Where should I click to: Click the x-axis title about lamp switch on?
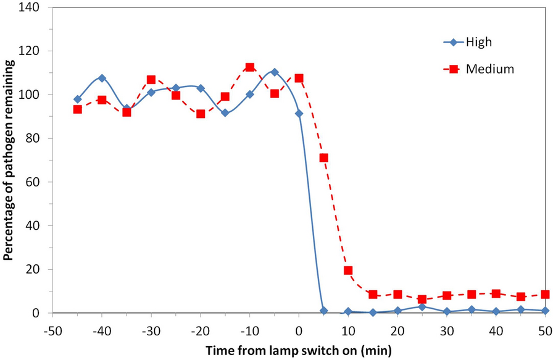coord(299,350)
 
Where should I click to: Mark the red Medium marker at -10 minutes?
coord(250,67)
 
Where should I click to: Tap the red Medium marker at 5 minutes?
coord(323,157)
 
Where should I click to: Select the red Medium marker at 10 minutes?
coord(348,270)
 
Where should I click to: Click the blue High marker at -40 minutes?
coord(102,78)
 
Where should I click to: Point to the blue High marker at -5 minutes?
coord(275,72)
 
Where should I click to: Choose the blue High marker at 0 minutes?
coord(299,114)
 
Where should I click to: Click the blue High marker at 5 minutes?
coord(323,311)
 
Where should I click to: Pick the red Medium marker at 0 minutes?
coord(299,78)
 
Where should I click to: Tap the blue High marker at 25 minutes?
coord(422,307)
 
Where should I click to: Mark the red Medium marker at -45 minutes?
coord(78,109)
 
